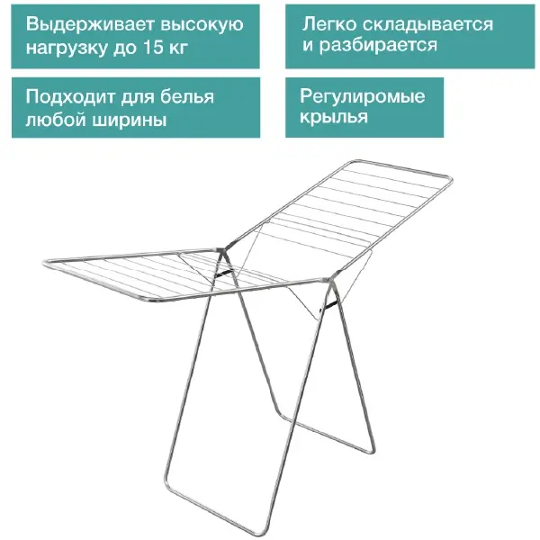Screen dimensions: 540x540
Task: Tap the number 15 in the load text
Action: pos(153,47)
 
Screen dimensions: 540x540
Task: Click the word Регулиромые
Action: pos(362,97)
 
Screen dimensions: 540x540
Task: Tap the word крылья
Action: pos(333,117)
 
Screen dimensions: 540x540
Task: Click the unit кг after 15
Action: pos(178,48)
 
